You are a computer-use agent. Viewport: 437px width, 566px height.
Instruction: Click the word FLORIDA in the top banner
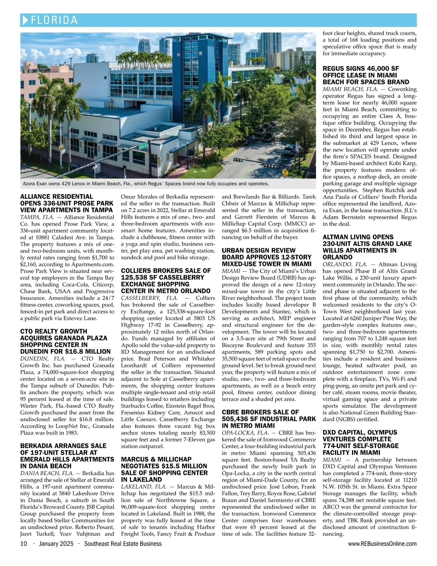pyautogui.click(x=55, y=20)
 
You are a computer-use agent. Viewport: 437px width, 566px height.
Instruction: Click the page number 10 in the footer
pyautogui.click(x=24, y=544)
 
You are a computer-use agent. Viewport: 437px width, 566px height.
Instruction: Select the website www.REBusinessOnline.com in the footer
pyautogui.click(x=382, y=544)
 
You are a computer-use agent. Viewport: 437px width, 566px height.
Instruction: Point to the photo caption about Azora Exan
pyautogui.click(x=146, y=184)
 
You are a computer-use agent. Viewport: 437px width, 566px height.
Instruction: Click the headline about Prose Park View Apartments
pyautogui.click(x=67, y=203)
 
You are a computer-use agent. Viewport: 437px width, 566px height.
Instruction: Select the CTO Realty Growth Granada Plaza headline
pyautogui.click(x=65, y=341)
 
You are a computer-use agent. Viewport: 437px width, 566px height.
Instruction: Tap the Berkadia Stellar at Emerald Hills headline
pyautogui.click(x=67, y=456)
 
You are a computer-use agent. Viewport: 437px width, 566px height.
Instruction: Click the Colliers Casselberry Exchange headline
pyautogui.click(x=166, y=281)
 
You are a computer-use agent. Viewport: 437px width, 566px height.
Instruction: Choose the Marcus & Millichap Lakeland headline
pyautogui.click(x=164, y=470)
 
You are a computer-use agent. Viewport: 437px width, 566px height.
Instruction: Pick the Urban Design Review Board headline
pyautogui.click(x=267, y=257)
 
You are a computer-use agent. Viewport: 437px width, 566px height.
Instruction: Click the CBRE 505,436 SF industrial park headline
pyautogui.click(x=269, y=419)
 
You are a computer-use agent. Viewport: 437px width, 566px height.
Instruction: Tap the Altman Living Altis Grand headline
pyautogui.click(x=367, y=247)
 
